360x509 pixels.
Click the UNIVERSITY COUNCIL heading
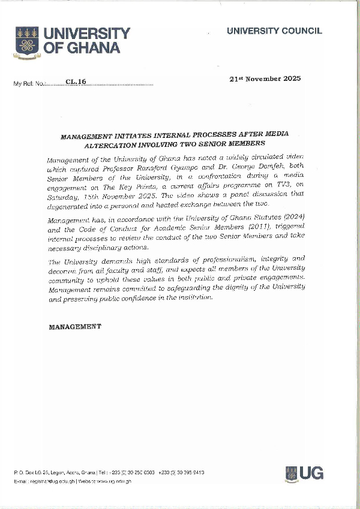(x=274, y=31)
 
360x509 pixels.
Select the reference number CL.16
(x=77, y=82)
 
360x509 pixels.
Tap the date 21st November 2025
(x=265, y=79)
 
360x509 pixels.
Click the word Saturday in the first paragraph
(x=62, y=195)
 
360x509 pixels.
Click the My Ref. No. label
(x=29, y=83)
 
